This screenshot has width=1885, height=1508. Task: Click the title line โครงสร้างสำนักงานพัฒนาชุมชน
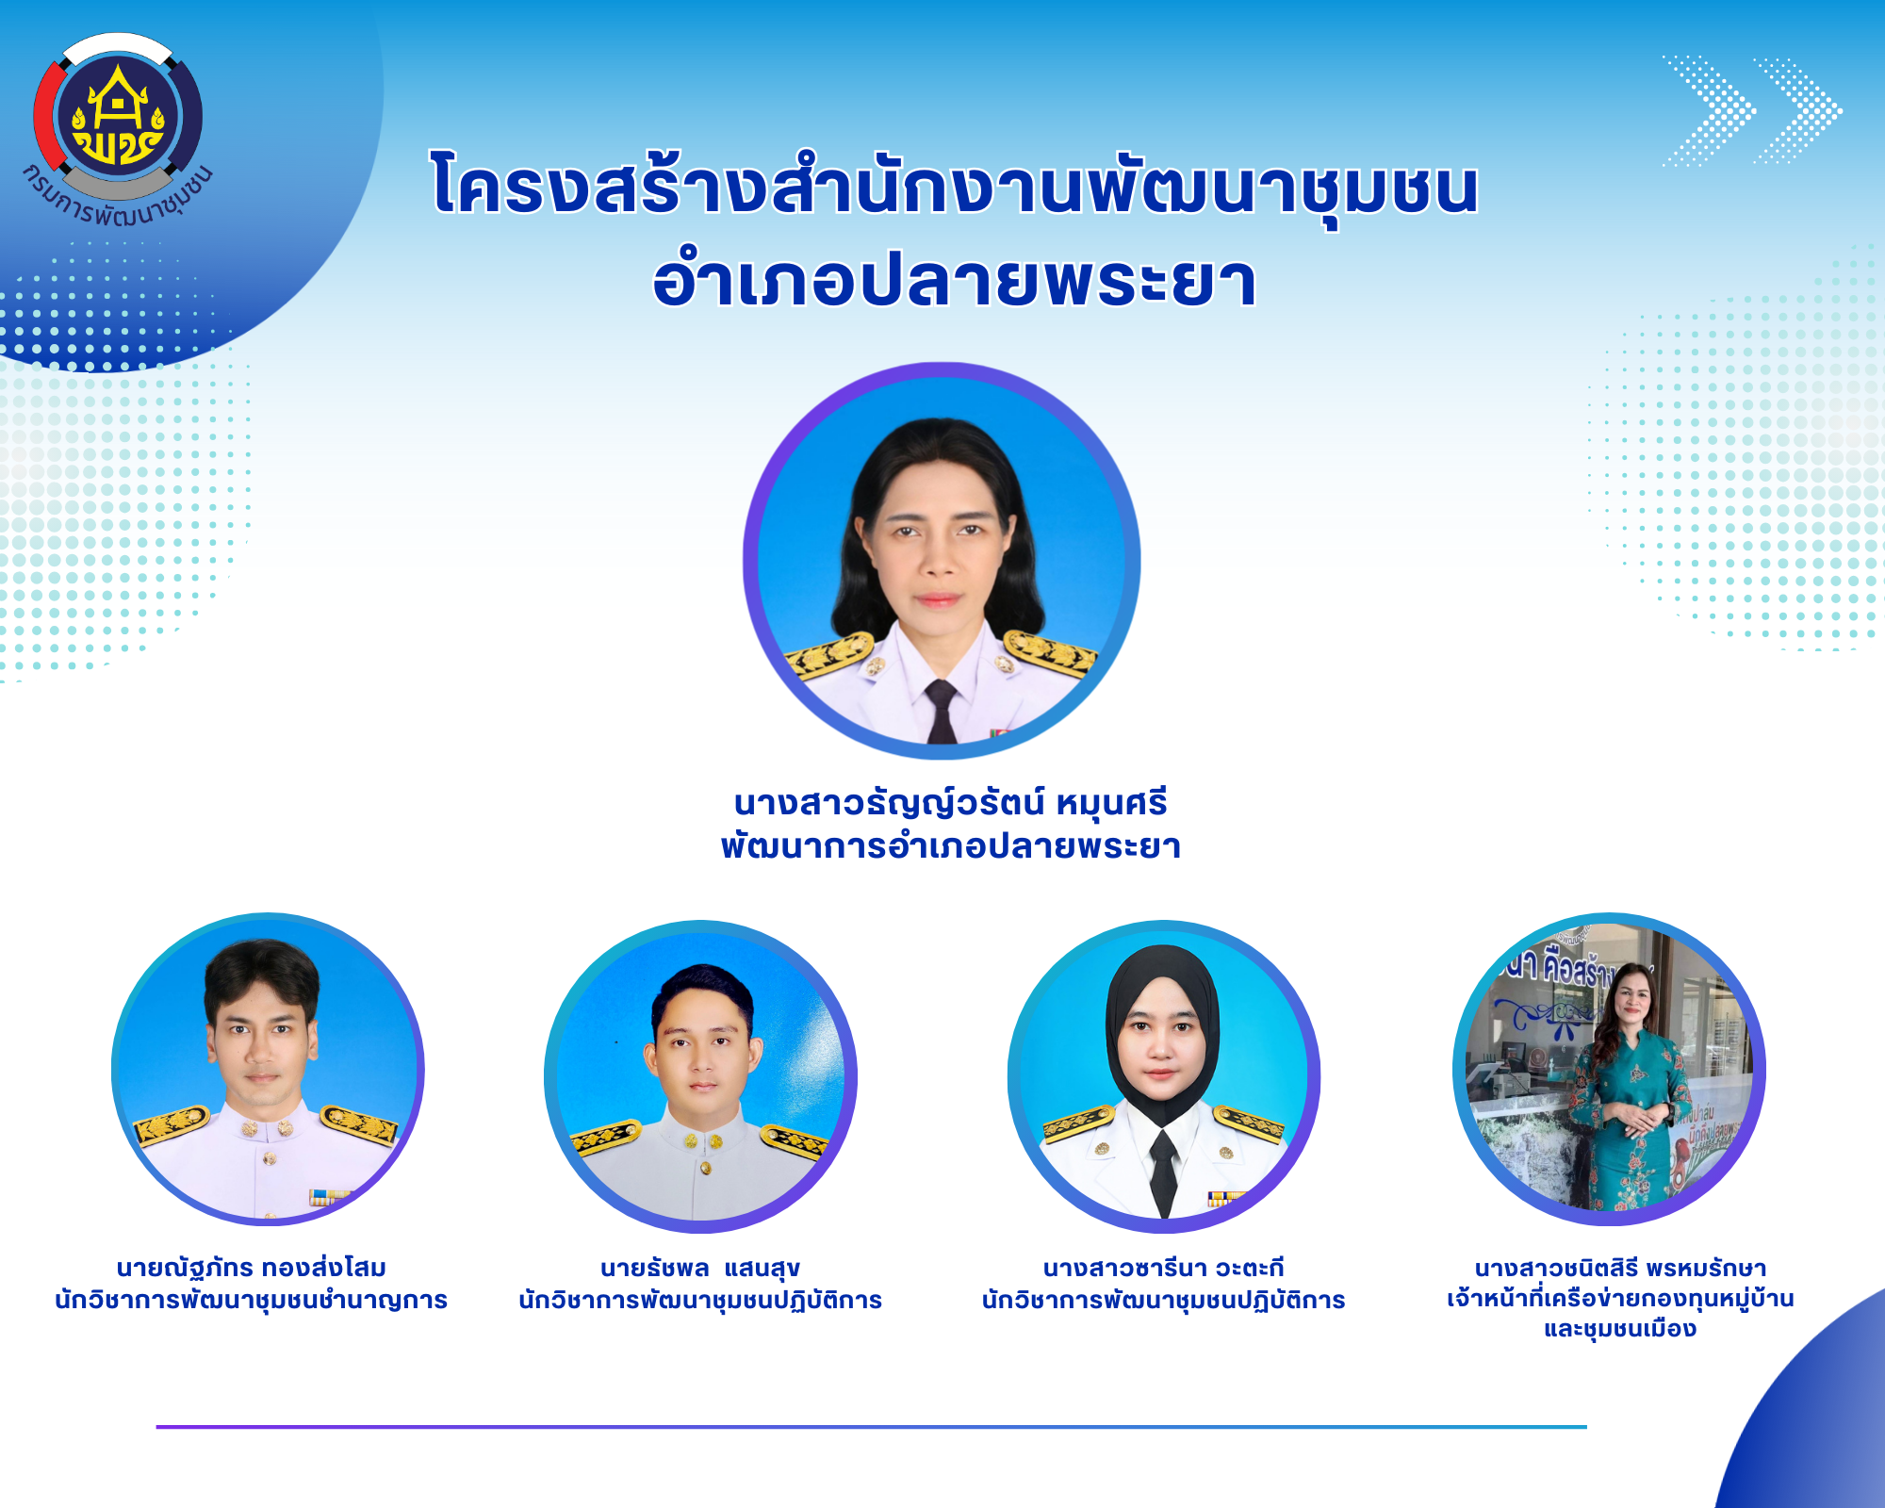[x=955, y=187]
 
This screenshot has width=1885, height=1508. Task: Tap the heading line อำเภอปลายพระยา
[x=955, y=280]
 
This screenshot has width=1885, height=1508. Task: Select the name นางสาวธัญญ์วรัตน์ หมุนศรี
[x=950, y=804]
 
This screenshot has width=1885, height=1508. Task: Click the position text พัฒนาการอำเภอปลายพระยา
[x=950, y=846]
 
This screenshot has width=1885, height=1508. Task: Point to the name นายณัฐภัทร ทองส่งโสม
[x=252, y=1268]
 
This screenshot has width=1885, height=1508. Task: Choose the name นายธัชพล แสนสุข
[x=700, y=1269]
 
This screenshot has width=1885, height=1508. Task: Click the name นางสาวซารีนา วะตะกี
[x=1163, y=1268]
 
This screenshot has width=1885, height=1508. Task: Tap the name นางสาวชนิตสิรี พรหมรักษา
[x=1620, y=1268]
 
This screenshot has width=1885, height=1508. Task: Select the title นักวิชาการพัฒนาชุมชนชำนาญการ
[x=252, y=1300]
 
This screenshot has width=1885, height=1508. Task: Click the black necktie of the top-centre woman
[x=941, y=711]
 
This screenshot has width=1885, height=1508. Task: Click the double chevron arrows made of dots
[x=1751, y=111]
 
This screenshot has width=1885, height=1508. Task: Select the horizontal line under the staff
[x=872, y=1427]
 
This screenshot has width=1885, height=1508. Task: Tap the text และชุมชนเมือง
[x=1620, y=1329]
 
